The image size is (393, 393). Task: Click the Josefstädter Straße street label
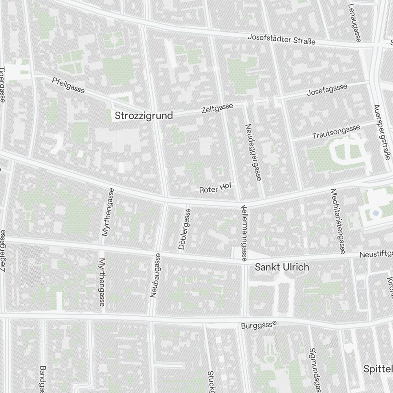[x=281, y=39]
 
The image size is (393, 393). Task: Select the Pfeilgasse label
[x=68, y=85]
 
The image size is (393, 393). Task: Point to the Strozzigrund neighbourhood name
[x=143, y=116]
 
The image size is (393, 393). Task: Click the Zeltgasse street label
[x=217, y=108]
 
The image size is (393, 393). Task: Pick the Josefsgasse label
[x=327, y=90]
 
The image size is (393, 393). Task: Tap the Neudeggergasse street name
[x=253, y=152]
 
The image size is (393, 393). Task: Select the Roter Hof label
[x=215, y=188]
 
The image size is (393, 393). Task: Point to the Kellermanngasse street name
[x=244, y=233]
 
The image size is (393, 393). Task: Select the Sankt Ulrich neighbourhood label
[x=282, y=267]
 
